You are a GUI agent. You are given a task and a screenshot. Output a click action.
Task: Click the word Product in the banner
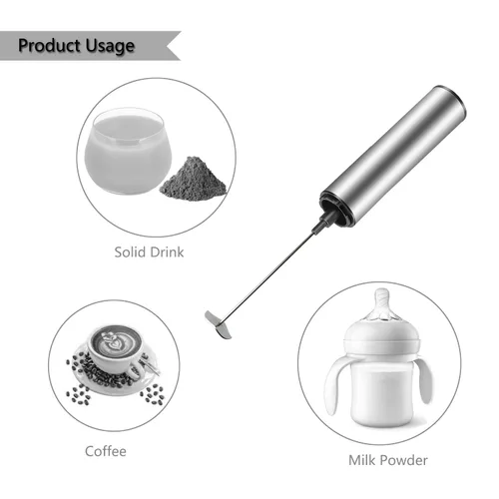click(49, 46)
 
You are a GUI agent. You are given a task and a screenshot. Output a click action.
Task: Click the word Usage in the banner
click(110, 46)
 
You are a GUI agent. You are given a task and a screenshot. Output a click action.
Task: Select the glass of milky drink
click(128, 152)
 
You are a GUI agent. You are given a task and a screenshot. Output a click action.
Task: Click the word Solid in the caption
click(129, 252)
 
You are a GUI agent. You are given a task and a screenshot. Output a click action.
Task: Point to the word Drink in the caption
click(166, 252)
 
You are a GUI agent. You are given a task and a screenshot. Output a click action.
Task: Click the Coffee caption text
click(106, 451)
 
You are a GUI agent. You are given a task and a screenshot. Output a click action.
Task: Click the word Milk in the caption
click(362, 460)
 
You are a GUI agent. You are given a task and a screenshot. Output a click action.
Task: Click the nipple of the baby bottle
click(381, 306)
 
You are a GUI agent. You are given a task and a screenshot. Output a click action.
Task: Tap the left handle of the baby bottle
click(336, 386)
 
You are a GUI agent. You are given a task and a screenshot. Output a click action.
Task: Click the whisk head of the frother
click(219, 324)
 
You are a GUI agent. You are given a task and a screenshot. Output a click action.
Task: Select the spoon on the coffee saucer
click(151, 365)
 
